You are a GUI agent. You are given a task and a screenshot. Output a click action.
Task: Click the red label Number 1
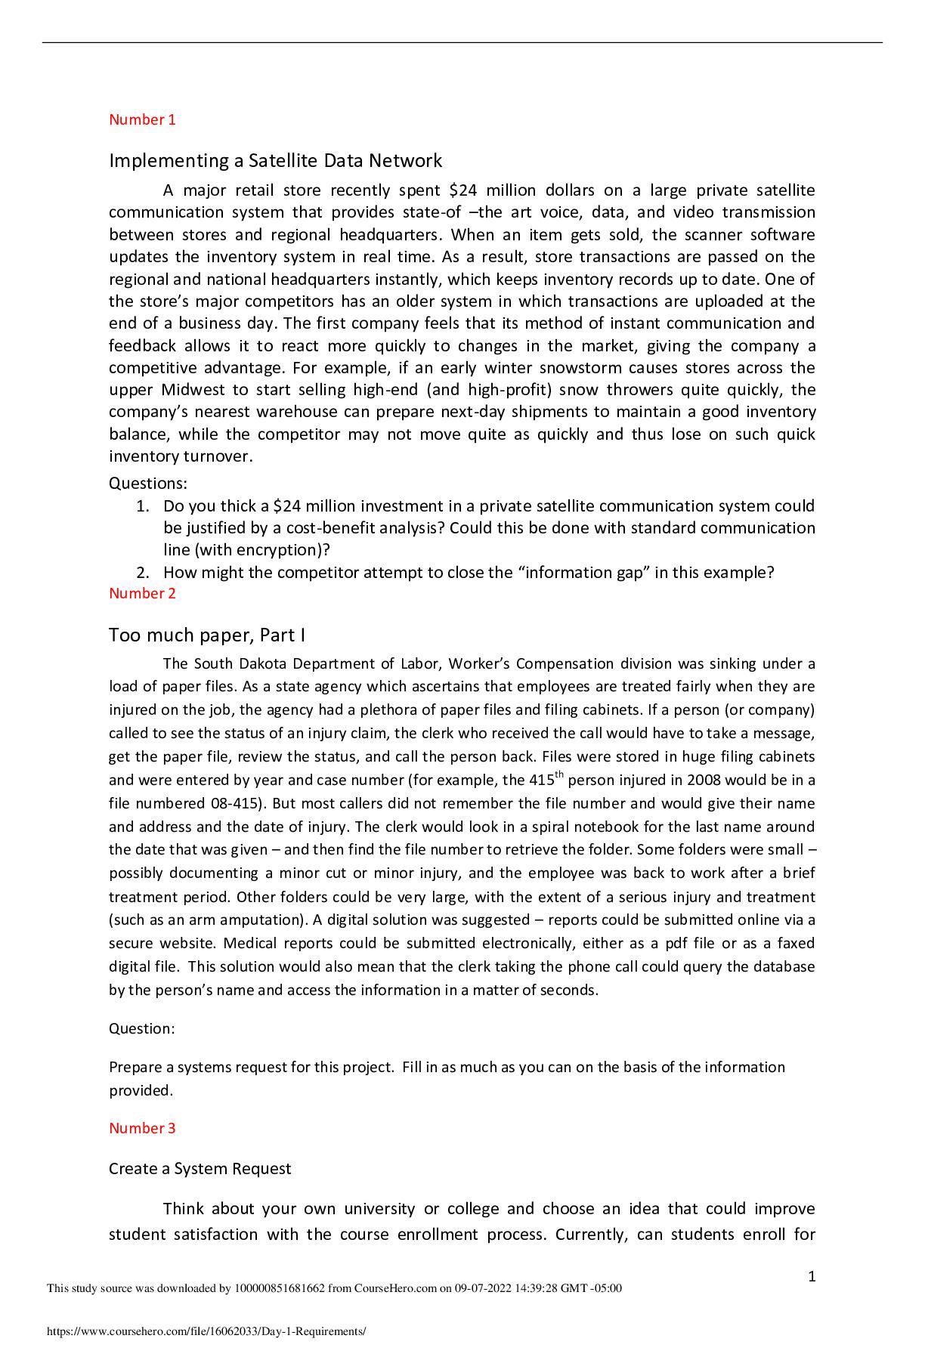[x=142, y=119]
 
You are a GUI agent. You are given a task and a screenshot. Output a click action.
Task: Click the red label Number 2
[x=142, y=593]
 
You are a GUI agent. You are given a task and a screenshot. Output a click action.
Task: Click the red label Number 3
[x=142, y=1128]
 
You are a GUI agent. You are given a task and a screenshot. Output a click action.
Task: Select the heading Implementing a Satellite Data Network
[x=275, y=160]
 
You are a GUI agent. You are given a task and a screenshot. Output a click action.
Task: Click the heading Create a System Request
[x=200, y=1169]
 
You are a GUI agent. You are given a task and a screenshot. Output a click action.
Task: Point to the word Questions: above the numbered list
[x=148, y=483]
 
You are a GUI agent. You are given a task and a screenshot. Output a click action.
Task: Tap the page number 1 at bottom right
[x=812, y=1277]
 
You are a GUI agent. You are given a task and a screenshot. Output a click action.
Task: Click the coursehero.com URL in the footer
[x=206, y=1332]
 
